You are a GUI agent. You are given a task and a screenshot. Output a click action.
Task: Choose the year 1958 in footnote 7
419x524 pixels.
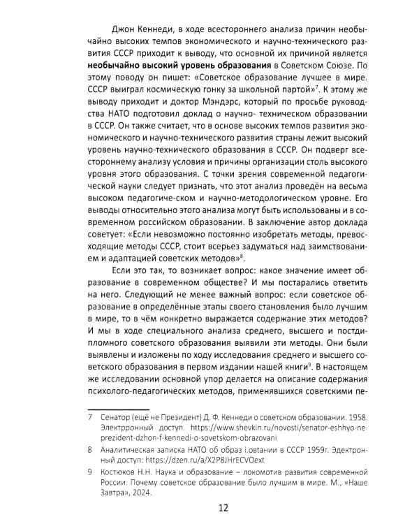pos(360,421)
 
